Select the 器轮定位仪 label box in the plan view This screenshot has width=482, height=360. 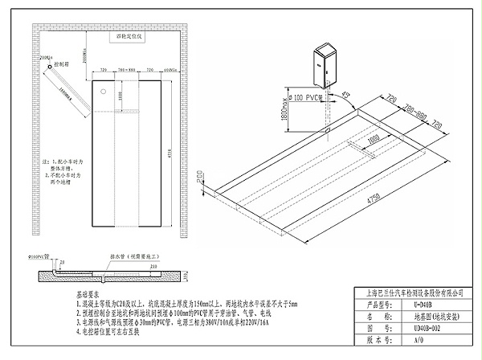click(129, 37)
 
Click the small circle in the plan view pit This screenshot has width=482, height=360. click(102, 91)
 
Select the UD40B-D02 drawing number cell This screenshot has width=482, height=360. click(423, 328)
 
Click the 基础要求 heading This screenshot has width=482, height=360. click(88, 296)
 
